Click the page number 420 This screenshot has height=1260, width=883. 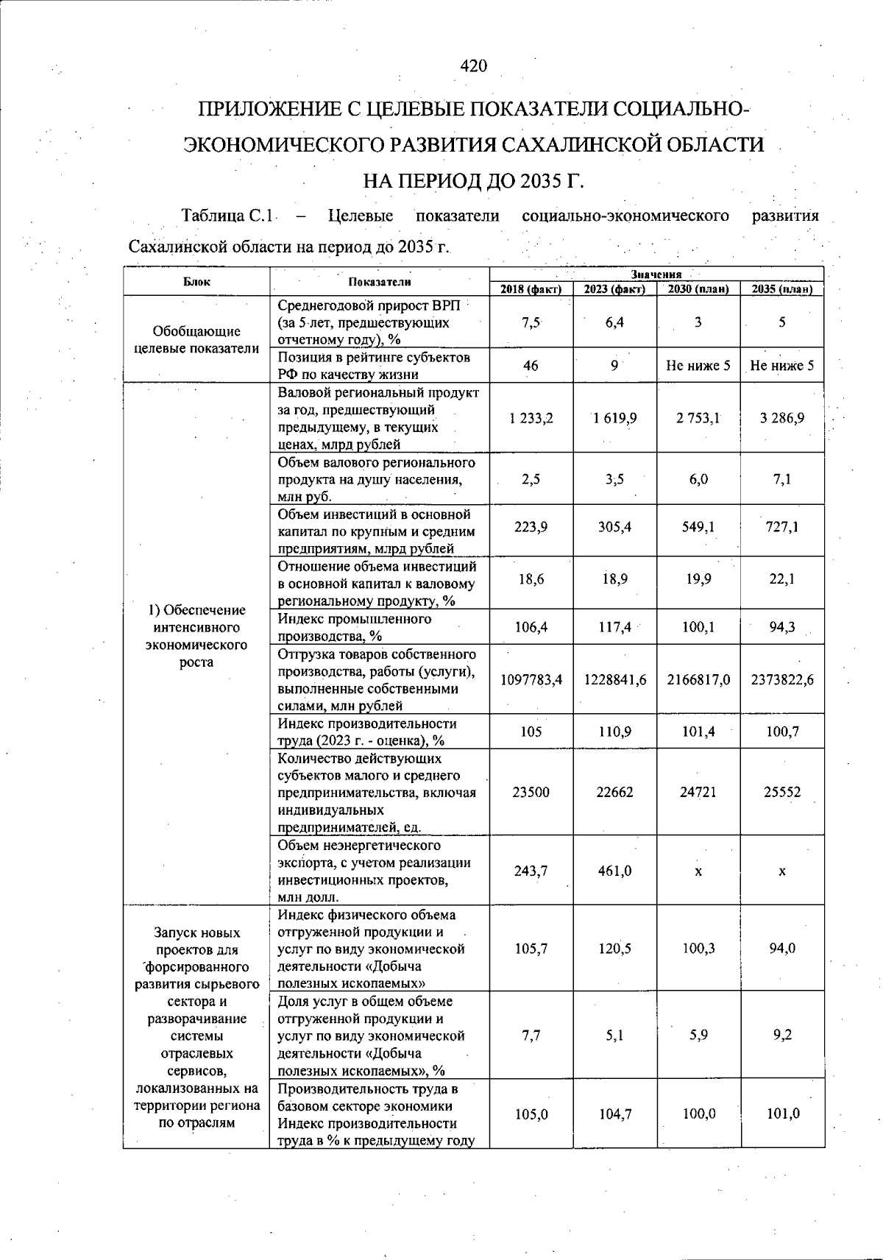[474, 66]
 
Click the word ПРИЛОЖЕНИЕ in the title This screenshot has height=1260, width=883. [271, 110]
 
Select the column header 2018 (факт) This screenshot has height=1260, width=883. [531, 289]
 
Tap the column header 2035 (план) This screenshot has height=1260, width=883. [781, 289]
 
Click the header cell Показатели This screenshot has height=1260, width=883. [380, 281]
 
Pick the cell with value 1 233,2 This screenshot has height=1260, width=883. [531, 418]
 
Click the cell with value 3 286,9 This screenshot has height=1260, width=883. [781, 418]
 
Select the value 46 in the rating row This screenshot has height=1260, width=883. [531, 365]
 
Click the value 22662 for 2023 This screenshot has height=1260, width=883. [614, 793]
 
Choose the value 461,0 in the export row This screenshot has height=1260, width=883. [614, 871]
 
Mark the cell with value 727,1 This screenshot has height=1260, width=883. [781, 527]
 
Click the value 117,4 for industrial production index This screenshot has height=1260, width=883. [614, 628]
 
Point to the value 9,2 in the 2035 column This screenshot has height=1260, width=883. [781, 1036]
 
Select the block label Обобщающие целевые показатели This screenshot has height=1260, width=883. [196, 340]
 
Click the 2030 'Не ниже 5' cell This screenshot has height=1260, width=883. [698, 365]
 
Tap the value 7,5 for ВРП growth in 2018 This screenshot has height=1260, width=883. [531, 322]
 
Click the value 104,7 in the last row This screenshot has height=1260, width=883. [614, 1114]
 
